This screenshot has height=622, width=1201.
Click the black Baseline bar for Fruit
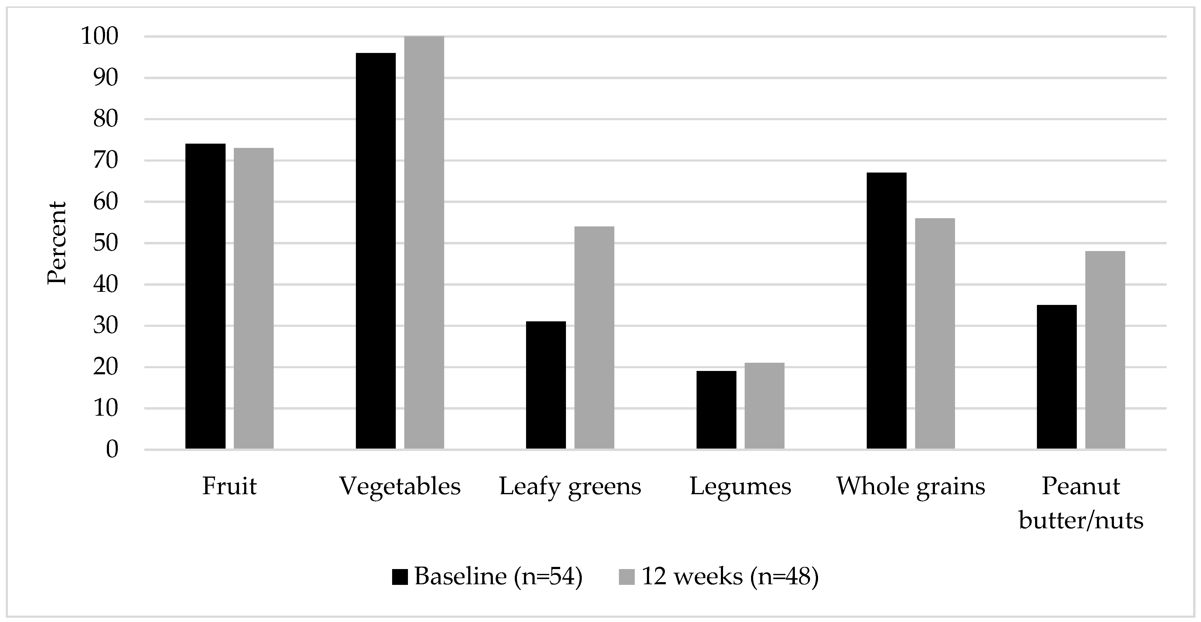click(205, 296)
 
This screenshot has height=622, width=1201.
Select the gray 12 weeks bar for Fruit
click(254, 298)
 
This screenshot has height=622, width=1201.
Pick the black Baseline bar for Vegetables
click(375, 251)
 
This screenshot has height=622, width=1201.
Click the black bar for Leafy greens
click(546, 385)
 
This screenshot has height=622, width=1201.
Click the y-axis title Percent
click(57, 243)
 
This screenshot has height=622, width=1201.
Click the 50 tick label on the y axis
click(106, 243)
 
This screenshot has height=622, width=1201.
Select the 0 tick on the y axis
click(112, 449)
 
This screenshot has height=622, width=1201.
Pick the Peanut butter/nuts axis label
click(1081, 503)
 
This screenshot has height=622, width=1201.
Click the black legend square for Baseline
click(400, 577)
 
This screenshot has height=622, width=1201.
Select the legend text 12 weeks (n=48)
click(730, 577)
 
